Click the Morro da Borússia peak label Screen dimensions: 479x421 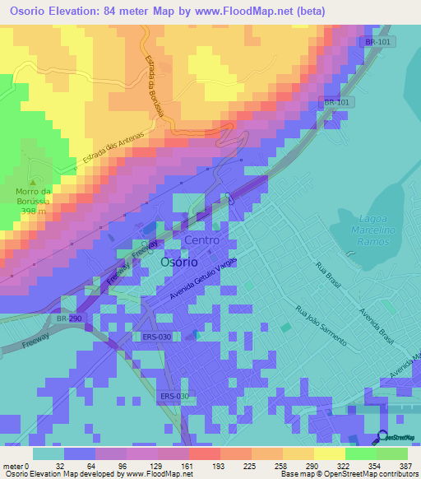click(x=34, y=197)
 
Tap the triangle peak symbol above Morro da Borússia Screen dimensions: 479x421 click(x=33, y=182)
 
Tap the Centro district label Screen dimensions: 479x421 click(x=201, y=239)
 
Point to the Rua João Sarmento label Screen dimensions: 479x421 click(x=321, y=325)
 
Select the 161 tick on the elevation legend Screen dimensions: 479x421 click(x=187, y=466)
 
